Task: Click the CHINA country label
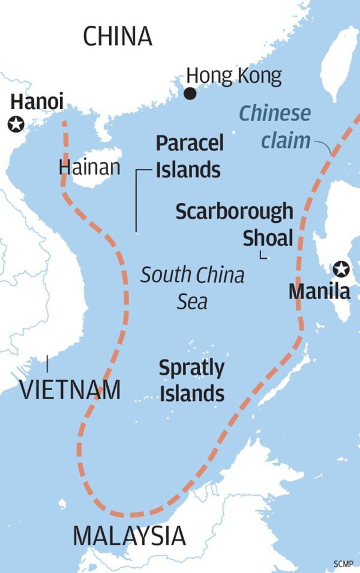(x=117, y=36)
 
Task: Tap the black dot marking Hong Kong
(x=190, y=93)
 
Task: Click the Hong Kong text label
(x=234, y=76)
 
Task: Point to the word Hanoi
(x=37, y=102)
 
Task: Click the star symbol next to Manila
(x=341, y=269)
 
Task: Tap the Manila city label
(x=319, y=292)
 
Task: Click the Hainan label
(x=89, y=167)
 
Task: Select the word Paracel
(x=189, y=143)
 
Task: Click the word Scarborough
(x=234, y=211)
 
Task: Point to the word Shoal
(x=268, y=238)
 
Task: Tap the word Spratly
(x=192, y=368)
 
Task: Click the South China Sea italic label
(x=192, y=288)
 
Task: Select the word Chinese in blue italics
(x=275, y=113)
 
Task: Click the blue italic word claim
(x=285, y=140)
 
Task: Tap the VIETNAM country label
(x=70, y=390)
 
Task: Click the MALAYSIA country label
(x=129, y=536)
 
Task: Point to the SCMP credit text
(x=343, y=564)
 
